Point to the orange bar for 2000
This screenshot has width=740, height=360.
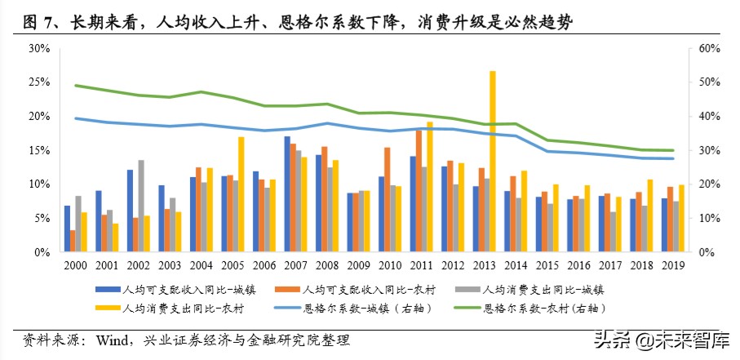coord(73,241)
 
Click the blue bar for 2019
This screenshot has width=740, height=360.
coord(665,225)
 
